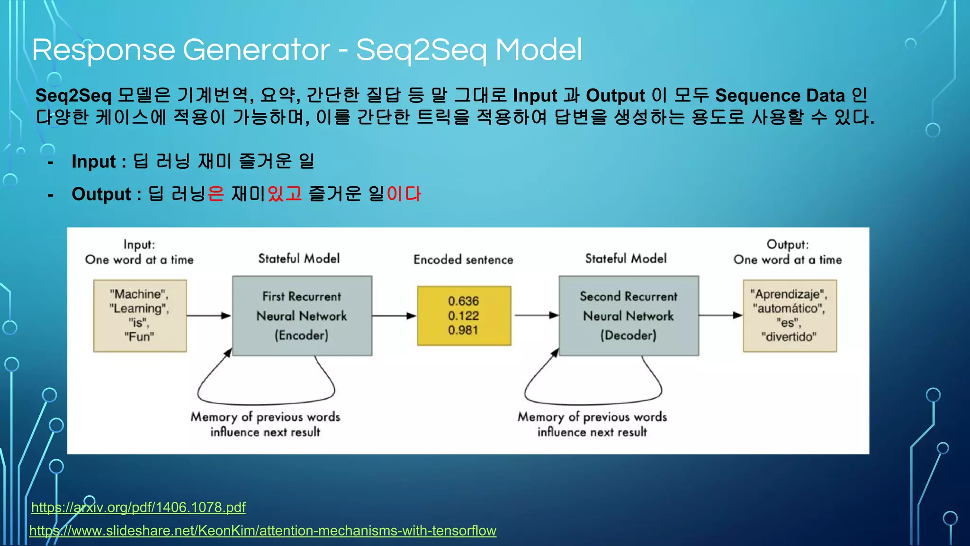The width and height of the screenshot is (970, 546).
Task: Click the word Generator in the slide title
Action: [256, 50]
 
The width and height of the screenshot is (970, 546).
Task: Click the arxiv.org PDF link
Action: [138, 507]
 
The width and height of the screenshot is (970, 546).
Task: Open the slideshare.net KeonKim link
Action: [263, 530]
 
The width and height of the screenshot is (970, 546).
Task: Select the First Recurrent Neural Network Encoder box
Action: [302, 316]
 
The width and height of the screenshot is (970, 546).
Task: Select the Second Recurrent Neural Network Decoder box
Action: [629, 316]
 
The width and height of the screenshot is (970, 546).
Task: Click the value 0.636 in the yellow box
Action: [463, 301]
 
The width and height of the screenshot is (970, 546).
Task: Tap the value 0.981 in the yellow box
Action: [463, 330]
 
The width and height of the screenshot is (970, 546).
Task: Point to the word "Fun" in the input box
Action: [139, 337]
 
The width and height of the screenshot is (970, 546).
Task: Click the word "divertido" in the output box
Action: [789, 337]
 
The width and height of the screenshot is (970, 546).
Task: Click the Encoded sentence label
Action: [463, 260]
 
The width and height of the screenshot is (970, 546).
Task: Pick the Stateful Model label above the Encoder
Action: [299, 259]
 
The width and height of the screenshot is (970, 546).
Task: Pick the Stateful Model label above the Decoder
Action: [626, 259]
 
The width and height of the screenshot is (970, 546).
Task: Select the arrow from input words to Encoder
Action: [208, 316]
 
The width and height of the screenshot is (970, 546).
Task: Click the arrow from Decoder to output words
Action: [720, 315]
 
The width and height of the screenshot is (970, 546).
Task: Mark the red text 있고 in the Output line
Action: [285, 194]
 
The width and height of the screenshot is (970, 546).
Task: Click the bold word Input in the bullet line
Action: [94, 162]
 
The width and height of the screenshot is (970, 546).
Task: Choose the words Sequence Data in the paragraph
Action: [780, 96]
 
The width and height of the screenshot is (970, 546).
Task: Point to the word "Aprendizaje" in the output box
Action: [789, 294]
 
